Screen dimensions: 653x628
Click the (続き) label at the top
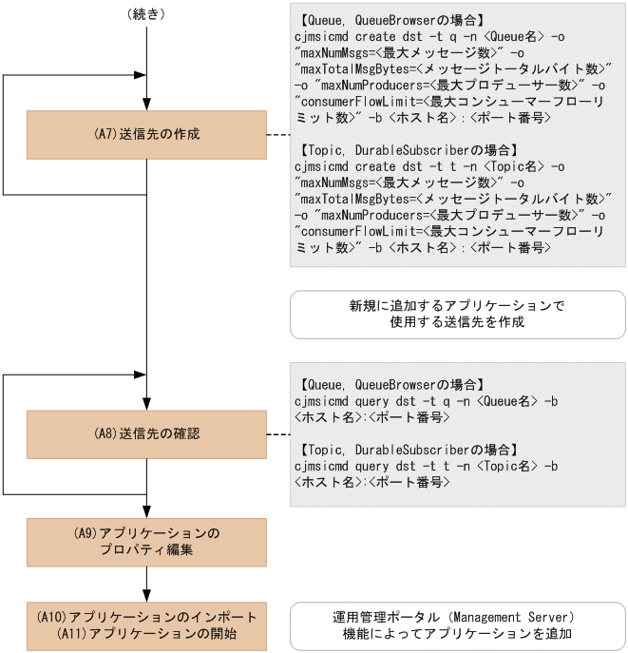coord(147,15)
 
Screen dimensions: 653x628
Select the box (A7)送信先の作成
coord(146,135)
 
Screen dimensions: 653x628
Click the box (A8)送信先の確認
coord(146,434)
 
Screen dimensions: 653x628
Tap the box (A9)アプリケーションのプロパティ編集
coord(146,542)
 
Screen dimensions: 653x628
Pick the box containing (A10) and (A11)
coord(146,624)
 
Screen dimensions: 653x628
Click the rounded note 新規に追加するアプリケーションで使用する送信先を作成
coord(457,315)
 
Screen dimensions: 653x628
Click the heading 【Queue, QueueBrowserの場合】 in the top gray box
coord(390,19)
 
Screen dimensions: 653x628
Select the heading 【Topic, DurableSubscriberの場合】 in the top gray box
coord(407,150)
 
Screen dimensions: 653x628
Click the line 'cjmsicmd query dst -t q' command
coord(427,401)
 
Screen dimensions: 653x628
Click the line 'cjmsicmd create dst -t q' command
coord(430,35)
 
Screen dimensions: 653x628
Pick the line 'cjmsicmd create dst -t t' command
coord(430,166)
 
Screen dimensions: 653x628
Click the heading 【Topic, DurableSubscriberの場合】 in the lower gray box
coord(407,450)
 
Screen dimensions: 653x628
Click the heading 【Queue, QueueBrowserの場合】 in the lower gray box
coord(390,385)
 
